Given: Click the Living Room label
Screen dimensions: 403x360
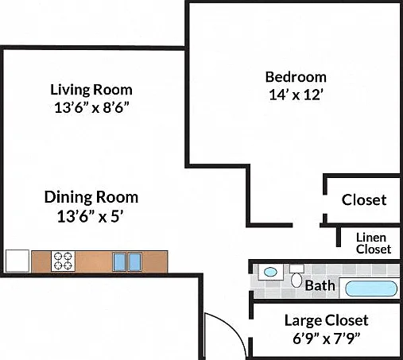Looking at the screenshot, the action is (x=91, y=90).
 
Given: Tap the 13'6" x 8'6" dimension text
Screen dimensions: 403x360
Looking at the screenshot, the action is (x=91, y=107).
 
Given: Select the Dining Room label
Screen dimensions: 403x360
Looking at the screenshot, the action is (x=91, y=197).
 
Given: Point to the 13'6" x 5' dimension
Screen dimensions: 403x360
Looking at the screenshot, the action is (x=91, y=216).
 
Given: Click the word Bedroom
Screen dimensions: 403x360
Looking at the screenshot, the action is (x=296, y=77).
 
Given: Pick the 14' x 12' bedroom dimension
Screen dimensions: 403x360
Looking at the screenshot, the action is (x=296, y=95).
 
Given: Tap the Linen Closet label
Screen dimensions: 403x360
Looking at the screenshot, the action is (x=374, y=243).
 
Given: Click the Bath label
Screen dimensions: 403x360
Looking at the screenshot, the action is (x=320, y=285).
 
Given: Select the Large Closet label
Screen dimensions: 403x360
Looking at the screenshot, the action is (x=327, y=320).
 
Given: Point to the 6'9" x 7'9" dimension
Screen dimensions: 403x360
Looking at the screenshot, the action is (x=327, y=339).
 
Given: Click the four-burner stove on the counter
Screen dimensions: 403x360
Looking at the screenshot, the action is (x=63, y=261).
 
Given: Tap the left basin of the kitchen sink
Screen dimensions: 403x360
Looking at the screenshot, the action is (x=119, y=262).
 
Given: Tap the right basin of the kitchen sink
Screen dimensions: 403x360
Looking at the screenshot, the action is (x=135, y=262).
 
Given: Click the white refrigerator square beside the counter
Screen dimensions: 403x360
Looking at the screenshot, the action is (x=17, y=261).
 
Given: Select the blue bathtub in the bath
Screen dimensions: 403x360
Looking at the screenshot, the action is (x=371, y=288).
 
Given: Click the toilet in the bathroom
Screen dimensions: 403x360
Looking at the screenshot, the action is (x=296, y=277).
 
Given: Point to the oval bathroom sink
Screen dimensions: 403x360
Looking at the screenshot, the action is (x=270, y=272).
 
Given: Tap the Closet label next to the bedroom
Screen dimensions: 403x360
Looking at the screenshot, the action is (x=364, y=199).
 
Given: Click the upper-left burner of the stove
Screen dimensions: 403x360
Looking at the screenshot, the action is (x=58, y=257).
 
